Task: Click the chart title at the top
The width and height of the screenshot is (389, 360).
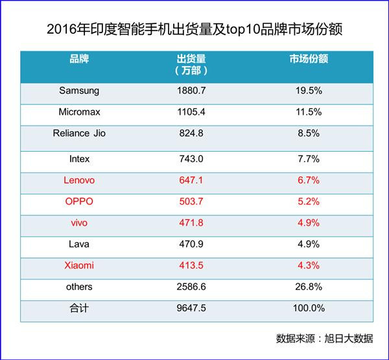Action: (194, 30)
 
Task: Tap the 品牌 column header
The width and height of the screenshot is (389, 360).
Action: (79, 59)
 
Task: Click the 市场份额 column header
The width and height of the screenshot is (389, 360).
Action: (309, 59)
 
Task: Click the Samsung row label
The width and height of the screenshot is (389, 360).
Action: (79, 91)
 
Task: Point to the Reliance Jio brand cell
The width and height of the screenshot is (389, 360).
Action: (79, 134)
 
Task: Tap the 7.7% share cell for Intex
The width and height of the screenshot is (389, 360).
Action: (309, 159)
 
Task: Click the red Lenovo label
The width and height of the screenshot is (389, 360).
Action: (79, 180)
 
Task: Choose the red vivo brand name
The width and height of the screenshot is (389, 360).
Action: (79, 223)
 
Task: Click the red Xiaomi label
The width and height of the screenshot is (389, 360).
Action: (79, 266)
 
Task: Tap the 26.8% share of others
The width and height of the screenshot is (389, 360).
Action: (309, 287)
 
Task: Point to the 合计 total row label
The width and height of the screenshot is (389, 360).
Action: (79, 309)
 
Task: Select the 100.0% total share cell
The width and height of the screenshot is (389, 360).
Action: (309, 309)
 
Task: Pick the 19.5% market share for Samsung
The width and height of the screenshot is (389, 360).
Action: (309, 91)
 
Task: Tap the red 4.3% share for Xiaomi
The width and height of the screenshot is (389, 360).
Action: (309, 266)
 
